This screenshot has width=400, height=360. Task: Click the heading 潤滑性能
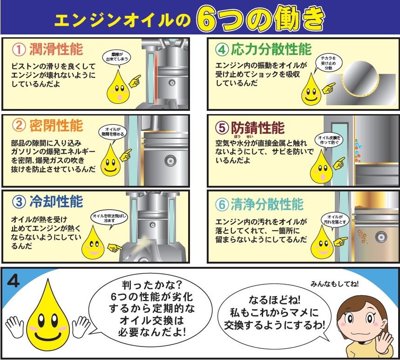click(x=56, y=49)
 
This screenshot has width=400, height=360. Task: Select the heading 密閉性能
click(x=56, y=126)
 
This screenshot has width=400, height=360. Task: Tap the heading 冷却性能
click(x=56, y=202)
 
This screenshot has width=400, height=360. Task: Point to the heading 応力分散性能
click(x=271, y=49)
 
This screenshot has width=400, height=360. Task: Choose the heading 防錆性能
click(x=258, y=128)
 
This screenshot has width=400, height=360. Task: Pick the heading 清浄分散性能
click(x=267, y=204)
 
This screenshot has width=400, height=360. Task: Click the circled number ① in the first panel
click(x=19, y=49)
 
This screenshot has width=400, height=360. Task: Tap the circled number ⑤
click(x=222, y=128)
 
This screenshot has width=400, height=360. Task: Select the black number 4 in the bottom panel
click(x=14, y=281)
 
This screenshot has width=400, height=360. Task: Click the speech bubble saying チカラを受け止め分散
click(x=328, y=63)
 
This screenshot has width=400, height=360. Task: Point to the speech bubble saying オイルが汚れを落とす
click(x=335, y=220)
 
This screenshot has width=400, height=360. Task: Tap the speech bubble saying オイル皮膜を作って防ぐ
click(x=329, y=140)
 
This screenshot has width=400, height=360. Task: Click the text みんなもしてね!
click(x=334, y=284)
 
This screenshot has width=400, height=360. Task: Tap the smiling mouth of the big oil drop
click(x=48, y=336)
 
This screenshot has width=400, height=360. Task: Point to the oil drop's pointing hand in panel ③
click(x=115, y=247)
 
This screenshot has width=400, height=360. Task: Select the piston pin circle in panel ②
click(x=170, y=161)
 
